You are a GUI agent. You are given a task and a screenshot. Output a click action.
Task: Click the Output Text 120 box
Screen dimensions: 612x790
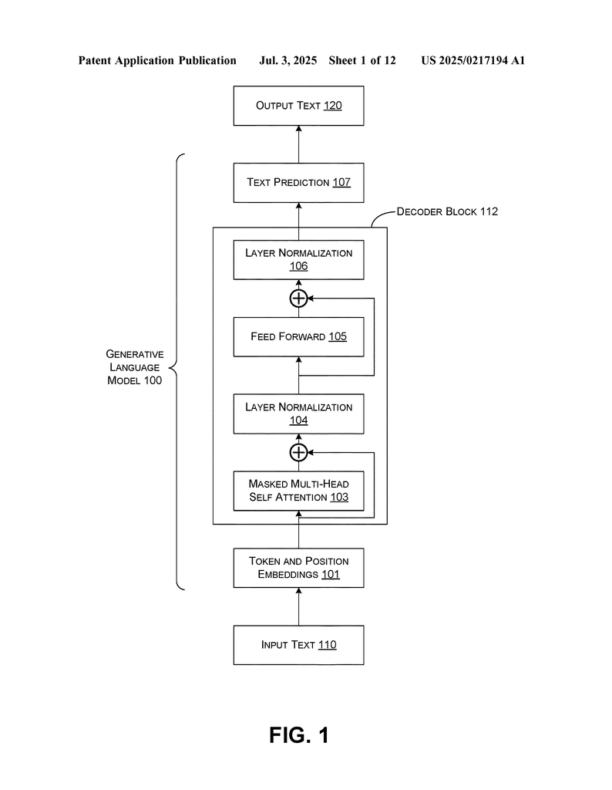click(298, 106)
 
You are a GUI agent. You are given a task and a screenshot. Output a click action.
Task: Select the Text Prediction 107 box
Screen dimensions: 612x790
click(298, 183)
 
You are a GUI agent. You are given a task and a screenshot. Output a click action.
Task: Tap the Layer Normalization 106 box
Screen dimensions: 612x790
click(298, 260)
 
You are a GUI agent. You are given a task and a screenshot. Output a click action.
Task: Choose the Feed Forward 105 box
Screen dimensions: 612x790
click(298, 337)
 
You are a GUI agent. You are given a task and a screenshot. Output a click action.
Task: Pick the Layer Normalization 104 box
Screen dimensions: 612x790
click(298, 414)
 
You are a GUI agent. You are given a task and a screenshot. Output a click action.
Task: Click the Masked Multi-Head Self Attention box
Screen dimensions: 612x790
click(298, 491)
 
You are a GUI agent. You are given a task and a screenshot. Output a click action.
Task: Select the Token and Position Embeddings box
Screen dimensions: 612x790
click(298, 568)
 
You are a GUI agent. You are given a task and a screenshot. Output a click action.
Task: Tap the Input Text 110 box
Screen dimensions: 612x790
click(298, 645)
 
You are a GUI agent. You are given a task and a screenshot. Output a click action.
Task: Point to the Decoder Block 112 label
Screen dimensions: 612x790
click(447, 211)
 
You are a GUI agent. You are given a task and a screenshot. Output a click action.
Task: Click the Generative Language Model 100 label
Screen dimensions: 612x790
click(134, 367)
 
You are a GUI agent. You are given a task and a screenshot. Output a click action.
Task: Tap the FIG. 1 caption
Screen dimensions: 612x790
click(299, 735)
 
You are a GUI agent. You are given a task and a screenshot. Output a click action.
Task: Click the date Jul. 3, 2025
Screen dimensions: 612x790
click(288, 61)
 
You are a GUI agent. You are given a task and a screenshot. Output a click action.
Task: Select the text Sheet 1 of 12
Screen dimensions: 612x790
click(362, 61)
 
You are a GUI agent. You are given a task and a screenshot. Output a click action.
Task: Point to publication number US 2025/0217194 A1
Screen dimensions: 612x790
click(473, 61)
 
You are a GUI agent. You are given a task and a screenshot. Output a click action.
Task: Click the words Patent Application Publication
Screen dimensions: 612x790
click(157, 61)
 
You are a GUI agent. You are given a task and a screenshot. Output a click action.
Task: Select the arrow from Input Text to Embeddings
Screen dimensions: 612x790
click(298, 606)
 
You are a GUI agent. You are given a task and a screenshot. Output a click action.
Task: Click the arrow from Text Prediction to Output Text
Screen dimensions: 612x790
click(298, 144)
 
